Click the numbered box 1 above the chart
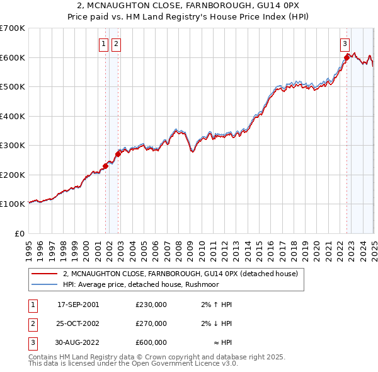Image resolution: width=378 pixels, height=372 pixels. (103, 44)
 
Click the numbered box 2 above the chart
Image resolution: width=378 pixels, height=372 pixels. (117, 44)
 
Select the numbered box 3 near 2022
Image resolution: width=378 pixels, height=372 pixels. (345, 44)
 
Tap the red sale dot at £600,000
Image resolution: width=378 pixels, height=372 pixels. (346, 58)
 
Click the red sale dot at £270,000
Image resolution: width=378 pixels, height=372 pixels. (118, 154)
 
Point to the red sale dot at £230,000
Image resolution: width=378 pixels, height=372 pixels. (105, 166)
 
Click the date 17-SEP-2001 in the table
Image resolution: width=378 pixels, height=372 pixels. (78, 305)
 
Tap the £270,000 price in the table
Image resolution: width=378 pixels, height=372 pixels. (151, 323)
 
